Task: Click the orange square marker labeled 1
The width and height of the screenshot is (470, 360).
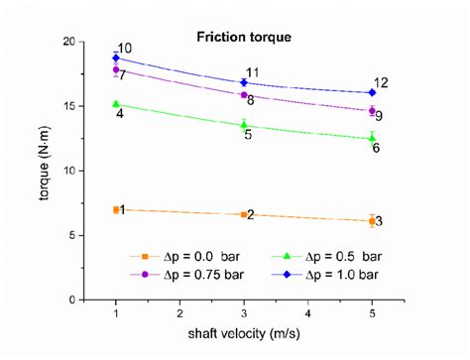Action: click(116, 209)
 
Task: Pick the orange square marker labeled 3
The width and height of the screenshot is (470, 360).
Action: click(372, 221)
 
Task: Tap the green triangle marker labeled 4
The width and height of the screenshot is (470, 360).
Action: click(116, 104)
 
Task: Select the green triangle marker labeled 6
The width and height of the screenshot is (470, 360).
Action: click(372, 139)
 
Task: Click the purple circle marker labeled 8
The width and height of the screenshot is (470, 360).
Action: click(244, 94)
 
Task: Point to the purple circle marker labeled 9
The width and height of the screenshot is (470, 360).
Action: click(372, 111)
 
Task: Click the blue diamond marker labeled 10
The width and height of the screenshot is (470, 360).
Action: click(116, 59)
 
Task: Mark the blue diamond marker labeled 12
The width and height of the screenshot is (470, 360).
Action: click(372, 93)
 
